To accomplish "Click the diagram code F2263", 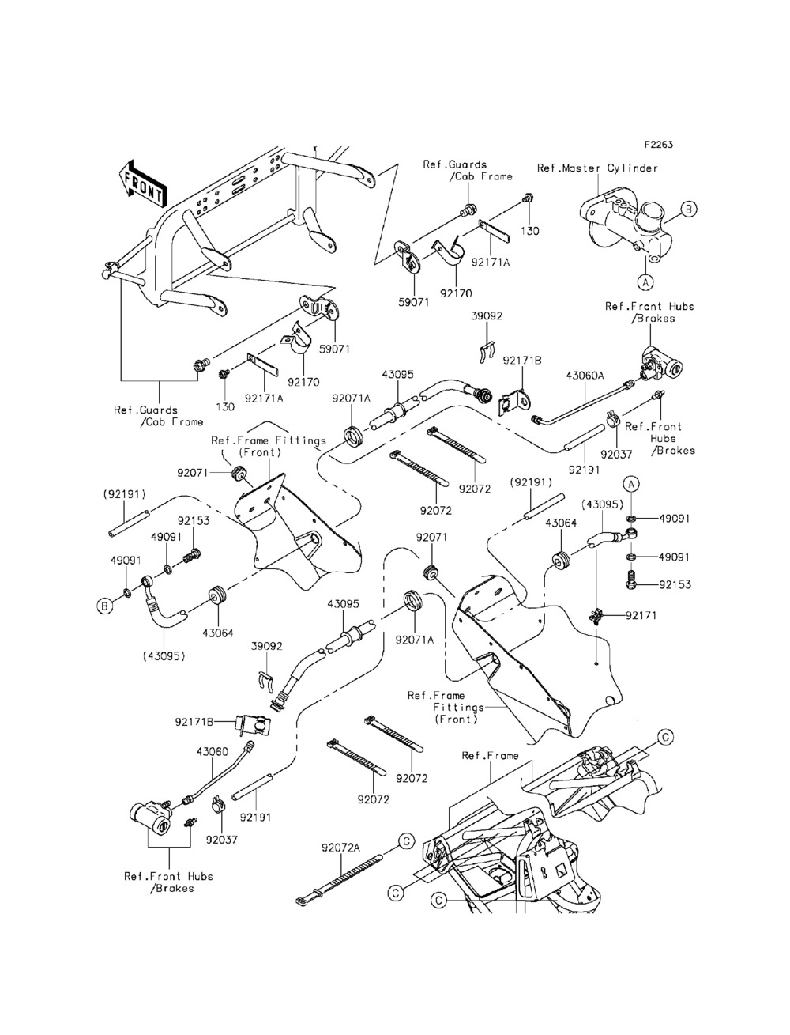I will [x=658, y=145].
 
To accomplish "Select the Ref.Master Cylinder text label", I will [x=596, y=168].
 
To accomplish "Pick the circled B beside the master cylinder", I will [x=687, y=210].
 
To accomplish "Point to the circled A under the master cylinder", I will [x=645, y=280].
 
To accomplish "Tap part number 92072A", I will [x=340, y=847].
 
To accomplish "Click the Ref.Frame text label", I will [x=490, y=756].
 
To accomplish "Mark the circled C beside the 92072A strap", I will [x=404, y=840].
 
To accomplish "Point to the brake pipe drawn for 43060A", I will [x=581, y=405].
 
